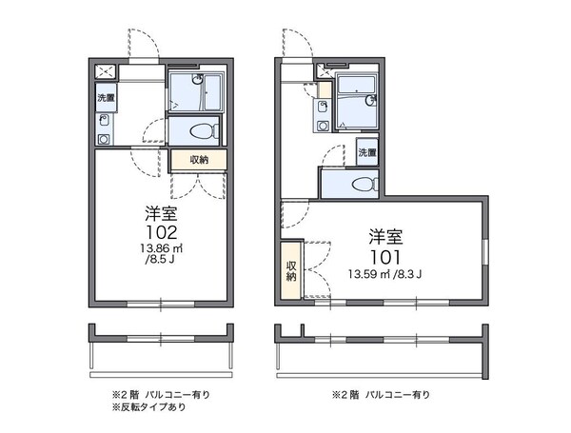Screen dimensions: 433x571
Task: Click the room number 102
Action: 158,231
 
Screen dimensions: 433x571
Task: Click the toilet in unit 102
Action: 202,132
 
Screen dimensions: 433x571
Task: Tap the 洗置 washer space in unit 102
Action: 105,97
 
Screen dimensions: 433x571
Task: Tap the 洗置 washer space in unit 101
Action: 367,152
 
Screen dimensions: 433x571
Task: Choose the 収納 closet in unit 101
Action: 290,270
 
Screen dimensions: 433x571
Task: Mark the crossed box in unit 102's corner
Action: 104,71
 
